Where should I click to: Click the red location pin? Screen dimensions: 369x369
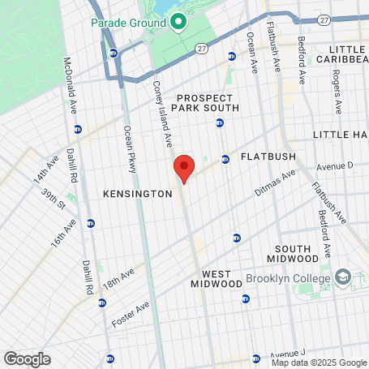pyautogui.click(x=184, y=168)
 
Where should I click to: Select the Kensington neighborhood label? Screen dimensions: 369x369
pyautogui.click(x=138, y=194)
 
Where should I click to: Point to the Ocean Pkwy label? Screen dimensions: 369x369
pyautogui.click(x=130, y=148)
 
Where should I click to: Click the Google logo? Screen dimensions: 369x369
pyautogui.click(x=28, y=358)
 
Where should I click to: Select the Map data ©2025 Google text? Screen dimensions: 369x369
pyautogui.click(x=320, y=363)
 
